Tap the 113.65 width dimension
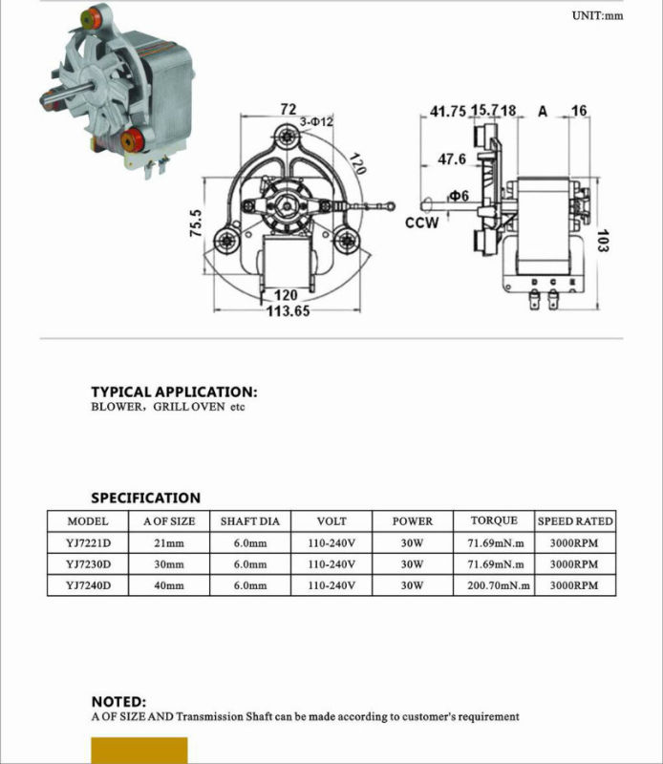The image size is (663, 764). tap(288, 311)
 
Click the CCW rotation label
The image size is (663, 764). tap(421, 223)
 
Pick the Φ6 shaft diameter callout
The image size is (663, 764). tap(460, 196)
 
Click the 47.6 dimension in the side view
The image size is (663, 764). tap(452, 159)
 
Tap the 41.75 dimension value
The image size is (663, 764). tap(448, 112)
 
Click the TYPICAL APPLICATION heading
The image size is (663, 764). tap(174, 392)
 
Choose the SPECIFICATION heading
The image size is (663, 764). tap(145, 498)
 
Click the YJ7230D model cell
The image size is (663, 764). tap(89, 563)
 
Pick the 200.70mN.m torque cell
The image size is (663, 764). tap(499, 584)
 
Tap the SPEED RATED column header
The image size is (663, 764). tap(575, 521)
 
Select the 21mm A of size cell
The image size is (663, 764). tap(169, 542)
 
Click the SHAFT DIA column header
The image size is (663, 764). tap(250, 521)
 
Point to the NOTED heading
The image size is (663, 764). tap(118, 700)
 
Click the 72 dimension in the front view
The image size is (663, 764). tap(288, 111)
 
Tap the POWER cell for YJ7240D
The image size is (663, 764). tap(412, 584)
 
